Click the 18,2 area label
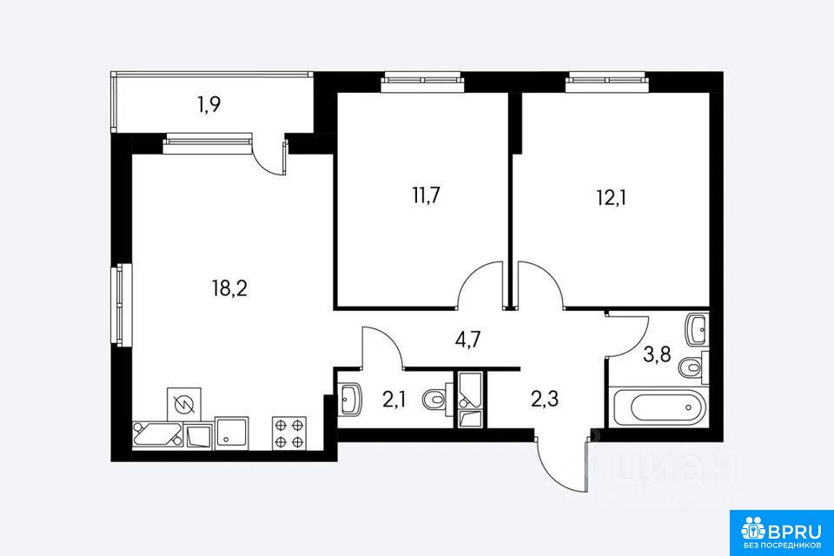coord(229,289)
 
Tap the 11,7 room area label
coord(426,195)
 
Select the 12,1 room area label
coord(611,198)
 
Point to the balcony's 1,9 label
coord(209,105)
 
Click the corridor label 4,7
coord(468,339)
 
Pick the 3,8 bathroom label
coord(657,354)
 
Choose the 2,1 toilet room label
coord(394,399)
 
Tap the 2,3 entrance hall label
coord(545,398)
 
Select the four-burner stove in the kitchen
coord(289,434)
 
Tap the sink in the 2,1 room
coord(349,398)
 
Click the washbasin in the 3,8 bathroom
coord(698,329)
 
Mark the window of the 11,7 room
coord(423,82)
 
